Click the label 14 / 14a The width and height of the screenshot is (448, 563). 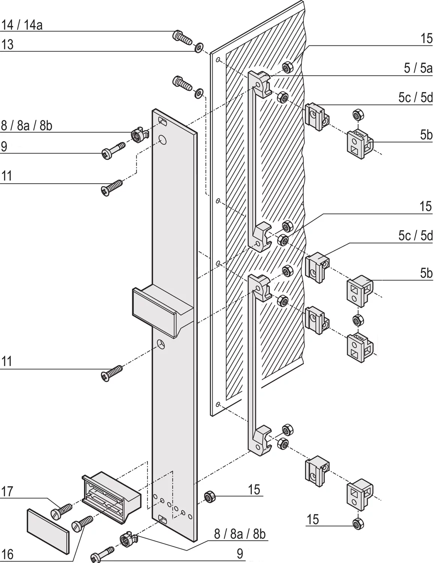tap(22, 25)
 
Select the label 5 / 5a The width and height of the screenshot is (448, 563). tap(418, 68)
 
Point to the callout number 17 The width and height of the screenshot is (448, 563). tap(7, 491)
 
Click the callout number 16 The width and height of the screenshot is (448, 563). tap(7, 554)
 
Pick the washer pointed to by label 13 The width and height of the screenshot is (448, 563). tap(199, 48)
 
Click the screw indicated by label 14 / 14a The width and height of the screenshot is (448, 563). tap(182, 37)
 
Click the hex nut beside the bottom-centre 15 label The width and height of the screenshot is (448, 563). tap(209, 497)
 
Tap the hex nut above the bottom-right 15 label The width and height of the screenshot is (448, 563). tap(358, 523)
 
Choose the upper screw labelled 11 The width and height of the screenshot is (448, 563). tap(112, 187)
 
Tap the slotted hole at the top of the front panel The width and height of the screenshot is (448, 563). tap(163, 121)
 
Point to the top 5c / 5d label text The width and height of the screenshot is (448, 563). tap(415, 98)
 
